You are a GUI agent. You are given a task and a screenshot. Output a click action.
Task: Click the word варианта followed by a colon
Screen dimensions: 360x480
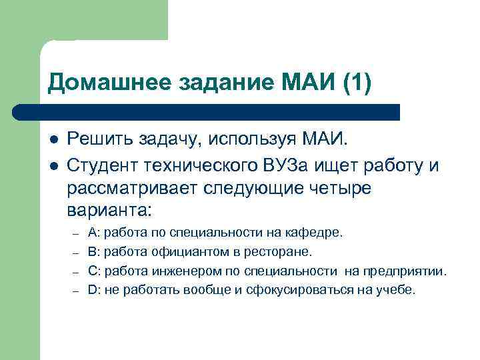109,211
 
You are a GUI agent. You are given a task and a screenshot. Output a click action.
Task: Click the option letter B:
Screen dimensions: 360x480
93,253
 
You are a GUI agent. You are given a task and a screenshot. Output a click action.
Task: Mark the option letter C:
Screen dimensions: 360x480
93,271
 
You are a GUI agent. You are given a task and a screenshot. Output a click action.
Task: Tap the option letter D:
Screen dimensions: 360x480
93,290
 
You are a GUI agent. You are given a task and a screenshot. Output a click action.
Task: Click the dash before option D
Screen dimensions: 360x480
77,291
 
